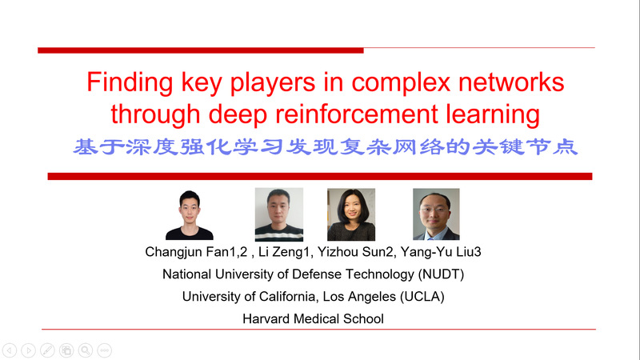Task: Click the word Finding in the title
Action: [130, 82]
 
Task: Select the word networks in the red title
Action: [511, 82]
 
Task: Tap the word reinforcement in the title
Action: [357, 114]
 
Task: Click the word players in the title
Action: [273, 82]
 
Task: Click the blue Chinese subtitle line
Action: [326, 147]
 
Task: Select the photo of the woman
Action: [351, 214]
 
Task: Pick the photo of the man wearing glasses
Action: [436, 214]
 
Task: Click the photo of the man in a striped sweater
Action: [278, 214]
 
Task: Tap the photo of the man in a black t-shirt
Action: [190, 214]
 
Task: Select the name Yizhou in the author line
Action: [336, 252]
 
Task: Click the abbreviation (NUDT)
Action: [441, 274]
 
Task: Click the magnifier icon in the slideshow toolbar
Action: [86, 350]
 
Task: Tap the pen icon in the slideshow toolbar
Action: [47, 350]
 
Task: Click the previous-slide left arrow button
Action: [10, 350]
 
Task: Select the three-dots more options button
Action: [105, 350]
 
